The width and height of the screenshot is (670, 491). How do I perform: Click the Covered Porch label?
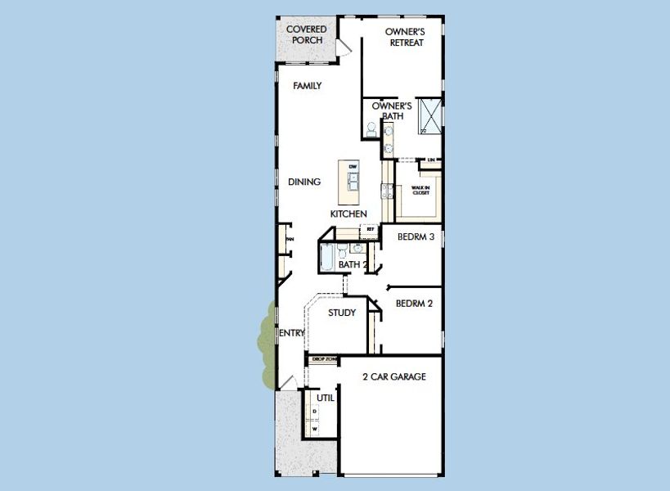tap(307, 34)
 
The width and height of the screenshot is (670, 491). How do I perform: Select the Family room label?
tap(307, 86)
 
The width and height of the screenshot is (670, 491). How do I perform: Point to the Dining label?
tap(304, 182)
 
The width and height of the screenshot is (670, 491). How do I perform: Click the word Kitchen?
tap(348, 214)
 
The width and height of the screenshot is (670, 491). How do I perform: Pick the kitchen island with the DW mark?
tap(353, 183)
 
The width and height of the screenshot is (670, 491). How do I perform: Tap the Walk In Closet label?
tap(420, 190)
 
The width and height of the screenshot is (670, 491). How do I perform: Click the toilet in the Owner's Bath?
tap(371, 129)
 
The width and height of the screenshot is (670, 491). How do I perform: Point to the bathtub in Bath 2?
tap(326, 259)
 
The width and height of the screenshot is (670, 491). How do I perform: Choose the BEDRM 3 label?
tap(415, 237)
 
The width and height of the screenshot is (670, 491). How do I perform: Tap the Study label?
tap(342, 313)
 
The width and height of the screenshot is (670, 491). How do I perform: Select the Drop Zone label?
tap(324, 358)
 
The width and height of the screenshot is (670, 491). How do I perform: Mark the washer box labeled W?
tap(316, 427)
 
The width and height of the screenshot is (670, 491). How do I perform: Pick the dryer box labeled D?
tap(316, 411)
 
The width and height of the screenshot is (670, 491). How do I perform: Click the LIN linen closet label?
tap(430, 160)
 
